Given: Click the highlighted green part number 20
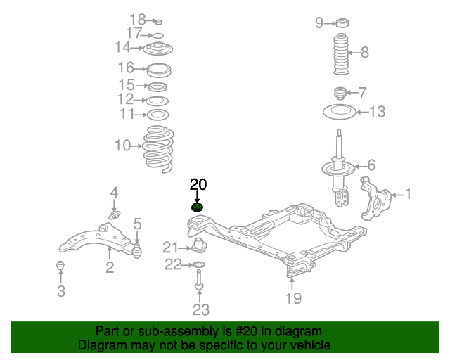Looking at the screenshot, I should point(198,207).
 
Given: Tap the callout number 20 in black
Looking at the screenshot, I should point(198,185).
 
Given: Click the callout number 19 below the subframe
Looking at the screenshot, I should point(293,298).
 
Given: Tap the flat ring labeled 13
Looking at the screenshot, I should point(340,111).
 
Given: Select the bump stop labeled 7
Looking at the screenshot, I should point(340,92).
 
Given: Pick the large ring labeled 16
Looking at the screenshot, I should point(158,69).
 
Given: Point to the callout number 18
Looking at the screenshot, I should point(137,19).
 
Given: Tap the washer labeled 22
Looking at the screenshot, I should point(199,264).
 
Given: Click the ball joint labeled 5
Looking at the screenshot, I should point(137,247).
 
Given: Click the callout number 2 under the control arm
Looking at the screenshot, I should point(110,266).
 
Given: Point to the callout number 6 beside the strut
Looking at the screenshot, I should point(371,165).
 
